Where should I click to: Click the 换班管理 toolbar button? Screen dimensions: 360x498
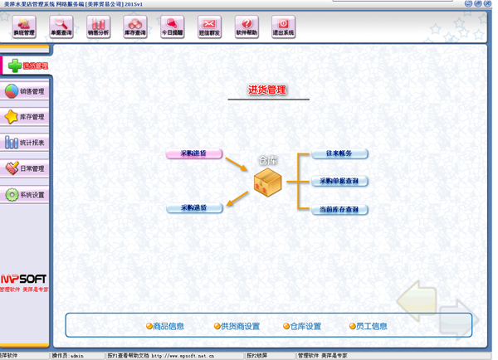point(24,27)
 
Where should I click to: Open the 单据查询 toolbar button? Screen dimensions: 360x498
point(61,27)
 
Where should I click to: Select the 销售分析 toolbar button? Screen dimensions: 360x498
point(98,27)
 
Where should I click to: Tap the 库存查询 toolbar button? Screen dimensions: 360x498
point(135,27)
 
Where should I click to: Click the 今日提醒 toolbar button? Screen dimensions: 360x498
point(173,27)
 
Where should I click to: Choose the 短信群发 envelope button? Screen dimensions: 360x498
point(210,27)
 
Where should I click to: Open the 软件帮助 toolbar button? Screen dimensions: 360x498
point(247,27)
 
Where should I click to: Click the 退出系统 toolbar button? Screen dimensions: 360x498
point(284,27)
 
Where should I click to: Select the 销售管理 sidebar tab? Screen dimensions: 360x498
point(25,91)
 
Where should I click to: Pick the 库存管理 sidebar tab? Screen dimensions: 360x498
point(25,117)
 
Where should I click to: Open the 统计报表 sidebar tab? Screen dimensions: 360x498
point(25,143)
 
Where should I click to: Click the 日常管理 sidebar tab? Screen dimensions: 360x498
point(25,168)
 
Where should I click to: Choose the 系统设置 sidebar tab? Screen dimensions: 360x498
point(25,195)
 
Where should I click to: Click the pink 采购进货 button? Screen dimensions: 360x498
point(193,153)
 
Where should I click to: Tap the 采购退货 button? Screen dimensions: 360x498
point(193,208)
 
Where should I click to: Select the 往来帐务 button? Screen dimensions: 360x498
point(339,153)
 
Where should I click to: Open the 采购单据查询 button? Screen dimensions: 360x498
point(339,181)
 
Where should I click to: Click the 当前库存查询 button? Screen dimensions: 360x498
point(339,210)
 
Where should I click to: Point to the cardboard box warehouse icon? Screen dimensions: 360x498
point(268,183)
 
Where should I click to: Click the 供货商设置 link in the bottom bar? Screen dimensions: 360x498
point(237,326)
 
